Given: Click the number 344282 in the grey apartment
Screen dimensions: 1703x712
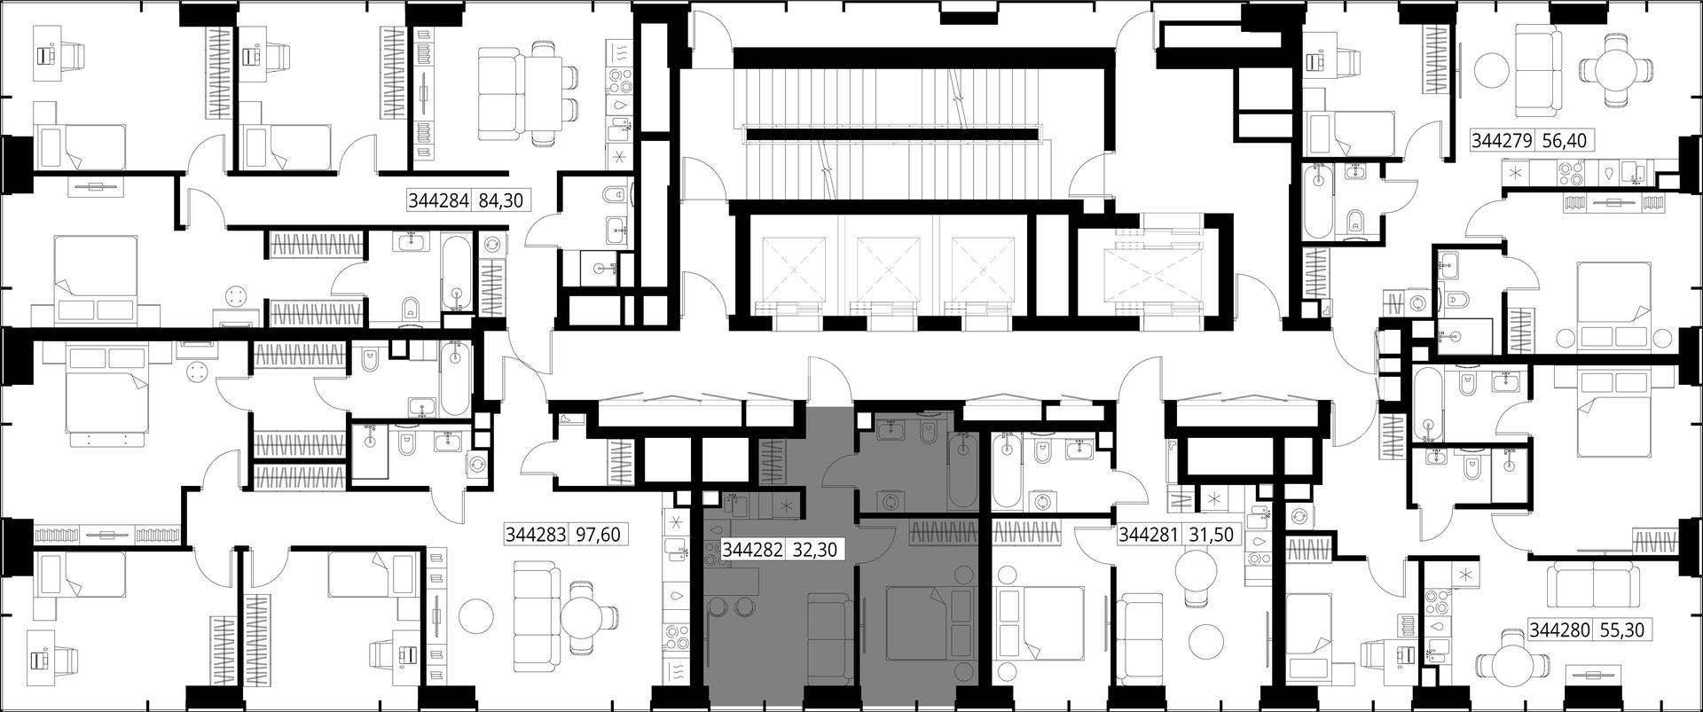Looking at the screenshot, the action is (x=753, y=550).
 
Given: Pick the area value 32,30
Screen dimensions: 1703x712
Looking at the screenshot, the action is (x=814, y=550).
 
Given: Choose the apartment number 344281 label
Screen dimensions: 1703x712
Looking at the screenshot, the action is (x=1149, y=536).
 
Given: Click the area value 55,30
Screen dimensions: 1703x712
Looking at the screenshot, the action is (x=1622, y=630).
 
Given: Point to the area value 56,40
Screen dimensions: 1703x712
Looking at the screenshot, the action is (x=1565, y=140).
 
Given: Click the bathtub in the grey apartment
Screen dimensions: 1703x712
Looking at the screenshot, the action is (x=961, y=469).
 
